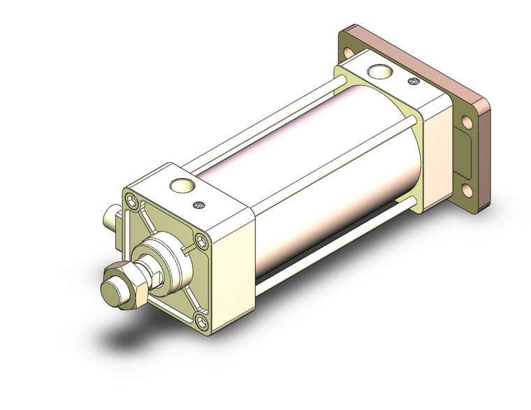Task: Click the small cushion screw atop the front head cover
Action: click(x=198, y=205)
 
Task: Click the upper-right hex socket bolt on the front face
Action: click(x=203, y=242)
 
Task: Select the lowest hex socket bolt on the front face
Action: click(x=201, y=321)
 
